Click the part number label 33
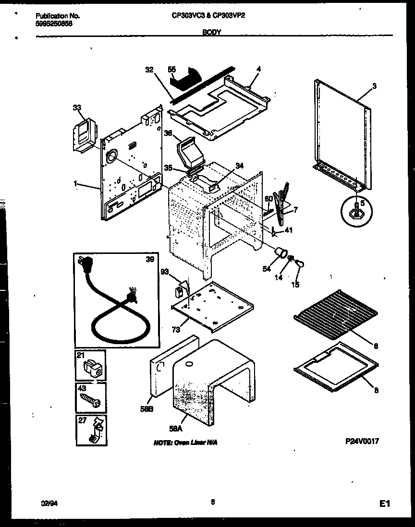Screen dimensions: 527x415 click(76, 109)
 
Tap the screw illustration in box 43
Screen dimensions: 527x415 click(90, 400)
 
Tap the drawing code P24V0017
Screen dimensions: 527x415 click(362, 442)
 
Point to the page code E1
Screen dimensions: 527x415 click(384, 503)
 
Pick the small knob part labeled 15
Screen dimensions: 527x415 click(301, 263)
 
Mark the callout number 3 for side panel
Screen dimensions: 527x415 click(374, 86)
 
